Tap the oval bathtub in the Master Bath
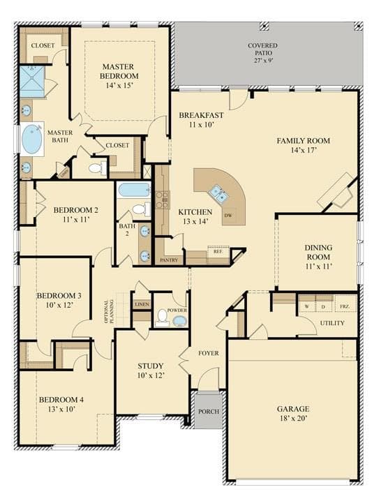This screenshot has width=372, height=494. coord(33,139)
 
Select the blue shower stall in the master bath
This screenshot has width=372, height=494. coord(32,81)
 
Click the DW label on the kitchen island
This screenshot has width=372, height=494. coord(228,216)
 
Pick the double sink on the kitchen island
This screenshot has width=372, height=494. coord(219,193)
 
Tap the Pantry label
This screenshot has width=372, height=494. coord(169,260)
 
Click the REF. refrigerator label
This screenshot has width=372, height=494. coord(218,252)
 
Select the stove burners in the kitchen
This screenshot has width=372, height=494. coord(163,200)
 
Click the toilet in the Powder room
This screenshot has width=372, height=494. coord(163,317)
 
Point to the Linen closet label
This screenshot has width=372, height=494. coord(142,304)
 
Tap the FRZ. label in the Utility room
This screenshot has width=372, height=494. coord(344,306)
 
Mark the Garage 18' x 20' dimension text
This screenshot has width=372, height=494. coord(293,418)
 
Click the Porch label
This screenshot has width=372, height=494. coord(209,412)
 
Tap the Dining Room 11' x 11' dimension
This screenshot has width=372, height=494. coord(319,267)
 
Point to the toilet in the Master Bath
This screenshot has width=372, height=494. coord(98,167)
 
